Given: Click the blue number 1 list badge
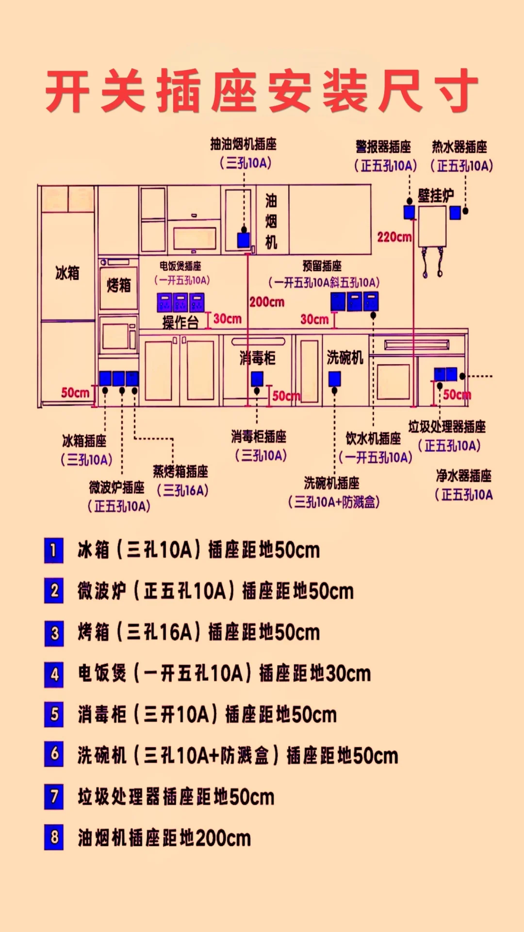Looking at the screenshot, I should click(x=54, y=550).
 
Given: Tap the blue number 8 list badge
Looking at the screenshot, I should click(x=54, y=837).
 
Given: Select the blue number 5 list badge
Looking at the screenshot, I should click(x=54, y=714).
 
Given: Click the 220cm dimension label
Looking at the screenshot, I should click(x=394, y=237).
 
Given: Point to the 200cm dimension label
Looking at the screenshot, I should click(x=267, y=302).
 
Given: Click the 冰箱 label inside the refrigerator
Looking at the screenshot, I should click(x=67, y=273).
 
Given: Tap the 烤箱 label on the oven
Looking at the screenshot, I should click(x=119, y=285).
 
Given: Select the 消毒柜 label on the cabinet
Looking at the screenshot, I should click(x=257, y=358).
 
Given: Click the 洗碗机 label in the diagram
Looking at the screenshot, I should click(x=344, y=357).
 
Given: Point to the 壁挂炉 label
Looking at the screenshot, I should click(x=436, y=196).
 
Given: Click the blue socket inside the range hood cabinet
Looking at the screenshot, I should click(x=244, y=240).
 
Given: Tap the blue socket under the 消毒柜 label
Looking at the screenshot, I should click(x=257, y=379).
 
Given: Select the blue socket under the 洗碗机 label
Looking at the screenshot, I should click(x=334, y=379).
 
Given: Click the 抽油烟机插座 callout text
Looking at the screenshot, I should click(x=244, y=144).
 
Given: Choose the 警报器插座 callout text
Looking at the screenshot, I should click(x=383, y=147).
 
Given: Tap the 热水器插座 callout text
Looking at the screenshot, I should click(x=459, y=147).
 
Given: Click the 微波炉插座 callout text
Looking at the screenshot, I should click(x=117, y=487).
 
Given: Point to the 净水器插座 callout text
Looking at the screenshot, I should click(x=463, y=476).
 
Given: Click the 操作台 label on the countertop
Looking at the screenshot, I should click(x=180, y=322).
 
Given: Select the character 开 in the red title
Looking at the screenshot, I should click(x=68, y=91).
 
